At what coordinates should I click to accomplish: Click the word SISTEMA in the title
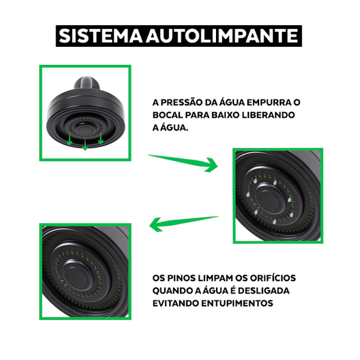101,36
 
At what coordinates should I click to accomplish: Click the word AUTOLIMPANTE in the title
222,36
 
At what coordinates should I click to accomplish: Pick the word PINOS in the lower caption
181,278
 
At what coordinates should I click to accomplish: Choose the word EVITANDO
175,303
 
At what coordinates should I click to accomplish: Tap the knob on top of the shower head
87,83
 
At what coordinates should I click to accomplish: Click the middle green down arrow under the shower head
85,144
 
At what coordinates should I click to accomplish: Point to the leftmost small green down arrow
69,139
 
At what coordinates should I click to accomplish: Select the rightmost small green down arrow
101,138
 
